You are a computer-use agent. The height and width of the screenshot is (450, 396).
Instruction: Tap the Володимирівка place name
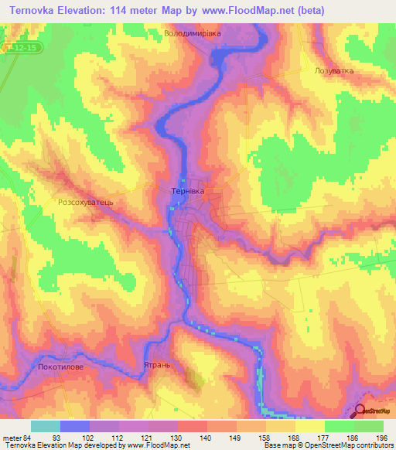point(193,34)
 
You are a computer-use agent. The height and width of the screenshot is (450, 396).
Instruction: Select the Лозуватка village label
point(334,70)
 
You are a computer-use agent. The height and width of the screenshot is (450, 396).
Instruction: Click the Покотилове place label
point(60,368)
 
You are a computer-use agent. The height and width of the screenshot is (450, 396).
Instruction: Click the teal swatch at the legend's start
point(45,426)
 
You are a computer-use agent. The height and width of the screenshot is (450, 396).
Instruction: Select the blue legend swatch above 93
point(74,426)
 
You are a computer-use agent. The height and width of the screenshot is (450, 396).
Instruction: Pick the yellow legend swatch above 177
point(309,426)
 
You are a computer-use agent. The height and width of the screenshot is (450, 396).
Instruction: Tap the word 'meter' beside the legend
point(12,437)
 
